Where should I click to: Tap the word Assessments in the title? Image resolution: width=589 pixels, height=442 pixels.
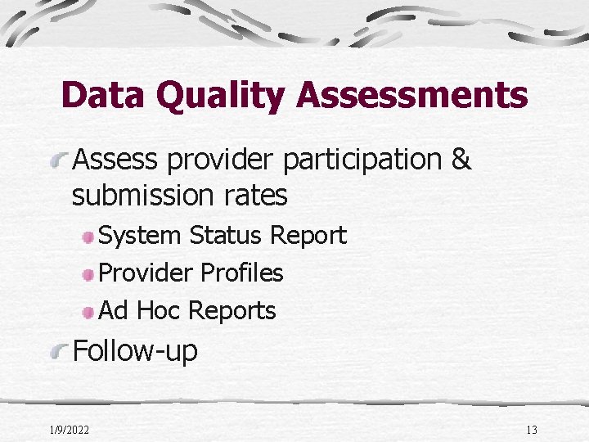[x=412, y=95]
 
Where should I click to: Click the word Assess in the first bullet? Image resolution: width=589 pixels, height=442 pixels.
[x=115, y=160]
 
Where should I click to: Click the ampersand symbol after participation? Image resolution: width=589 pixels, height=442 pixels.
[x=461, y=160]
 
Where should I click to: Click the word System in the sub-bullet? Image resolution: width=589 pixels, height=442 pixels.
[x=140, y=236]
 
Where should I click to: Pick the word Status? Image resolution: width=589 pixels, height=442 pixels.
[x=227, y=236]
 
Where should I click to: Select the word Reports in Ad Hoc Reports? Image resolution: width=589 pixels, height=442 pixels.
[x=232, y=312]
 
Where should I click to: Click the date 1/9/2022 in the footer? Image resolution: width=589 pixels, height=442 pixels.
[x=70, y=430]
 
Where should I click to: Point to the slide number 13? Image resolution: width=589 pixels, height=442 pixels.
[x=532, y=430]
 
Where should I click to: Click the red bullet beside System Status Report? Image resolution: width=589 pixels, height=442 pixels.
[x=88, y=237]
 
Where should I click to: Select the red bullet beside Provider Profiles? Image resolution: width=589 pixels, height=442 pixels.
[x=88, y=274]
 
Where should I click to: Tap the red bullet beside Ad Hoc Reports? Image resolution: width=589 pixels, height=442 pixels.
[x=88, y=312]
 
